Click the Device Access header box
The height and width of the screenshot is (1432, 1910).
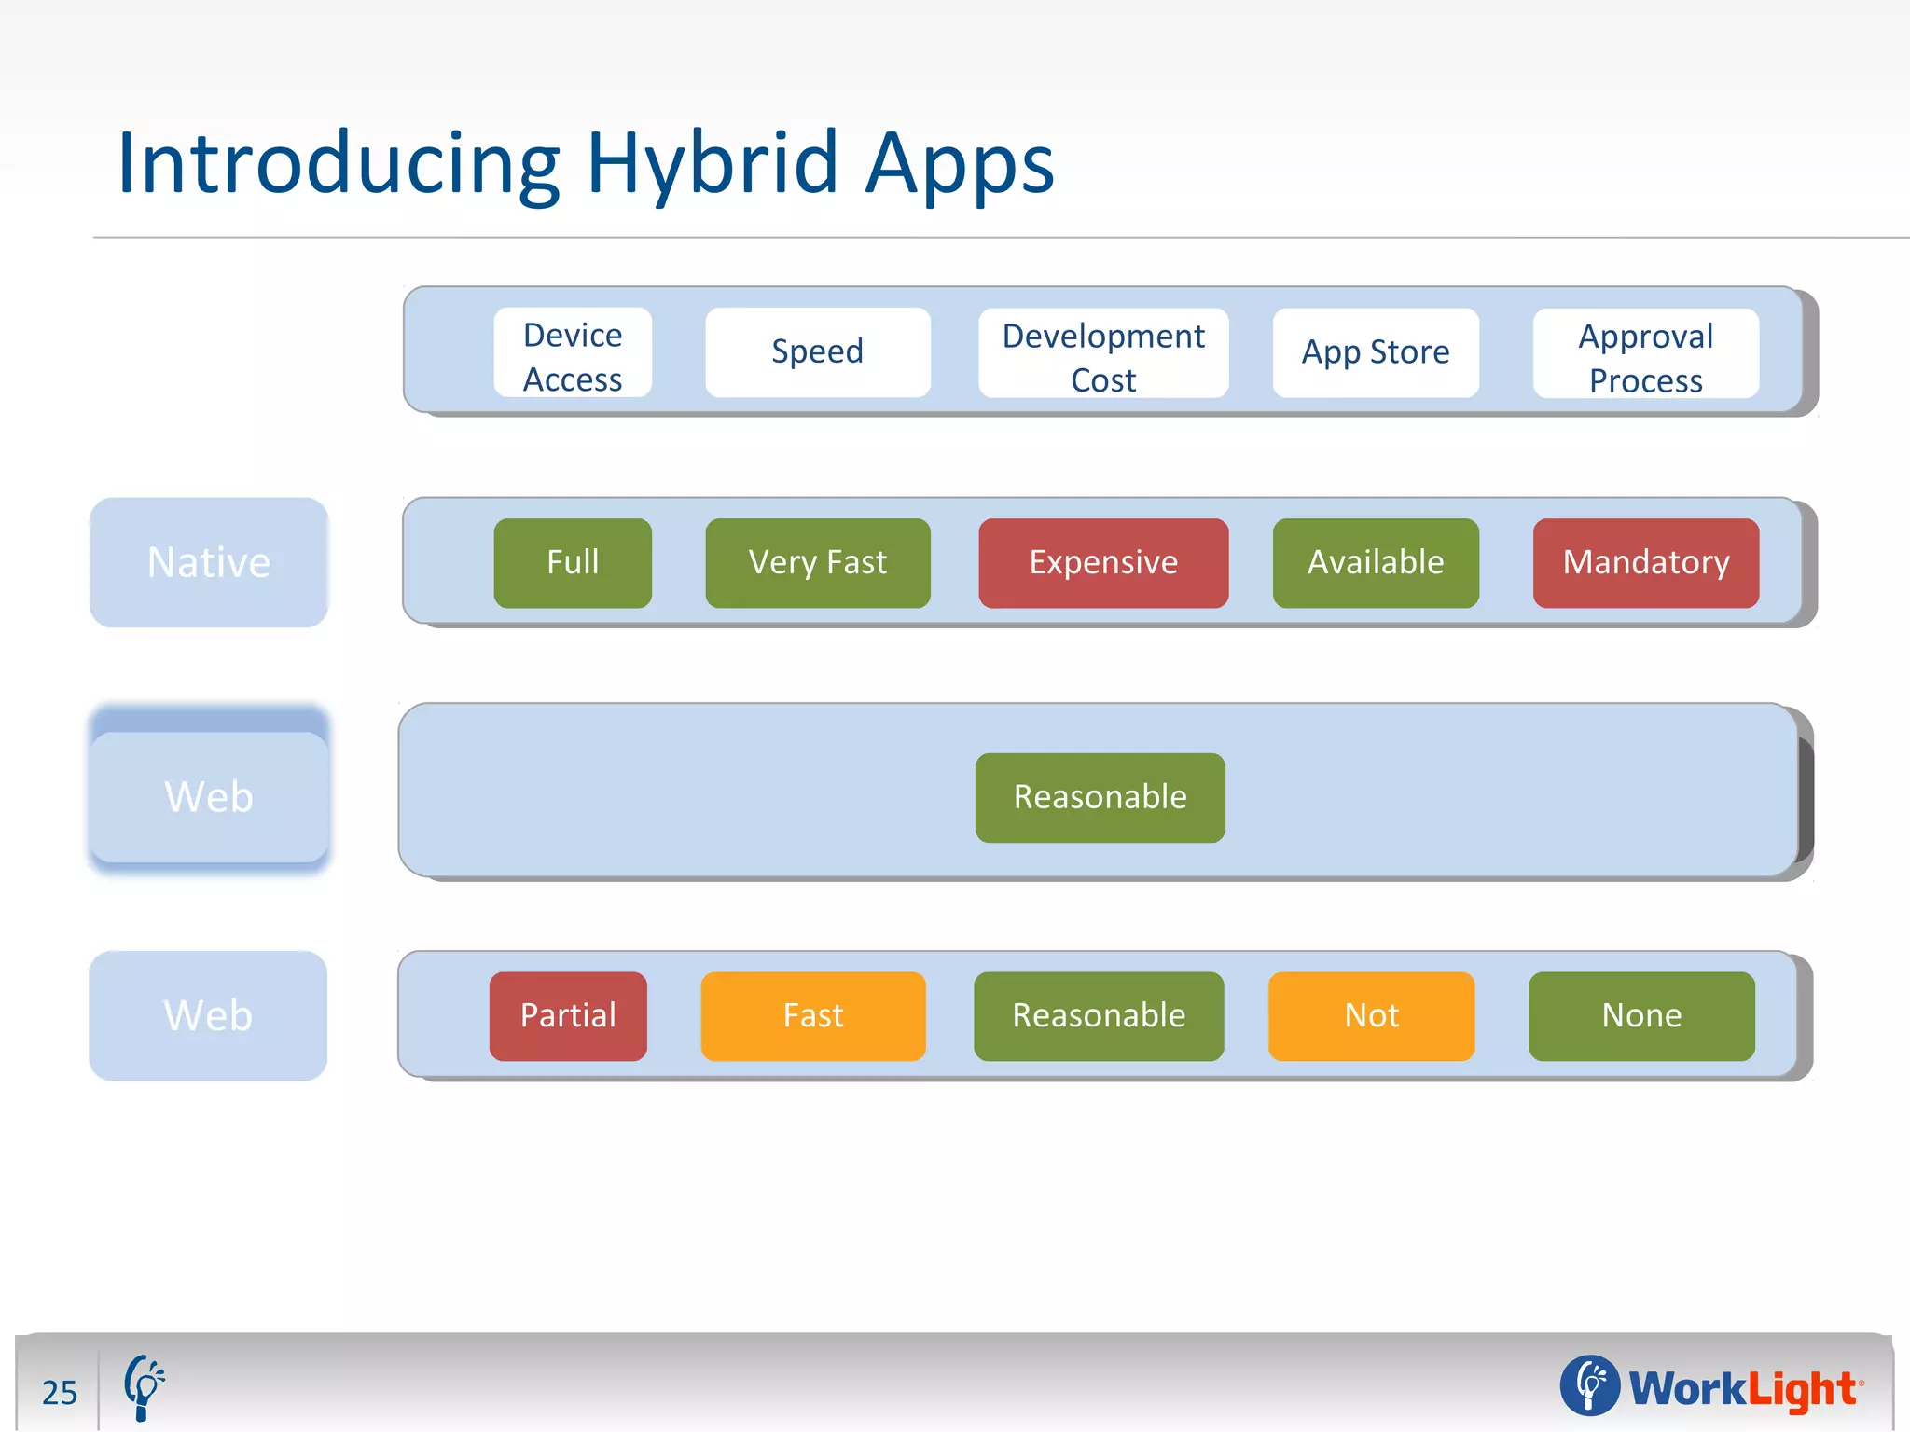coord(573,353)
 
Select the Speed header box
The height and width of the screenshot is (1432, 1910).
coord(817,352)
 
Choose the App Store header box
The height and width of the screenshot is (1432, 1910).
coord(1376,353)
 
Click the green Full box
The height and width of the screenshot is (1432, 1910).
coord(573,563)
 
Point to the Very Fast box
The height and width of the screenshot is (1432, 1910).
coord(817,563)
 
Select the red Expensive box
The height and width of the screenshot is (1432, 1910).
coord(1103,563)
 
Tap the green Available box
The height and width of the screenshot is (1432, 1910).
coord(1376,563)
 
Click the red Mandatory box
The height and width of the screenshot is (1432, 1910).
coord(1645,563)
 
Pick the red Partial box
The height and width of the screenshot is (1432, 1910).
coord(568,1016)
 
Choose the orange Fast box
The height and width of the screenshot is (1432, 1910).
coord(812,1016)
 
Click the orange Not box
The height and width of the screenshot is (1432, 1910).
coord(1371,1016)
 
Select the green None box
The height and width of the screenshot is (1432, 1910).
coord(1641,1016)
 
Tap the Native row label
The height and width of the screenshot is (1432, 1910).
coord(209,563)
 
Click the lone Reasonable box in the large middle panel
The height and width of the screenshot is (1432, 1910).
coord(1100,798)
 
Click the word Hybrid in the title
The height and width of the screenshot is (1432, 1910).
coord(713,164)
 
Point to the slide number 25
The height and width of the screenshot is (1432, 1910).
coord(60,1393)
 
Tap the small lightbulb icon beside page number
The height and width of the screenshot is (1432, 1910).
coord(144,1387)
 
